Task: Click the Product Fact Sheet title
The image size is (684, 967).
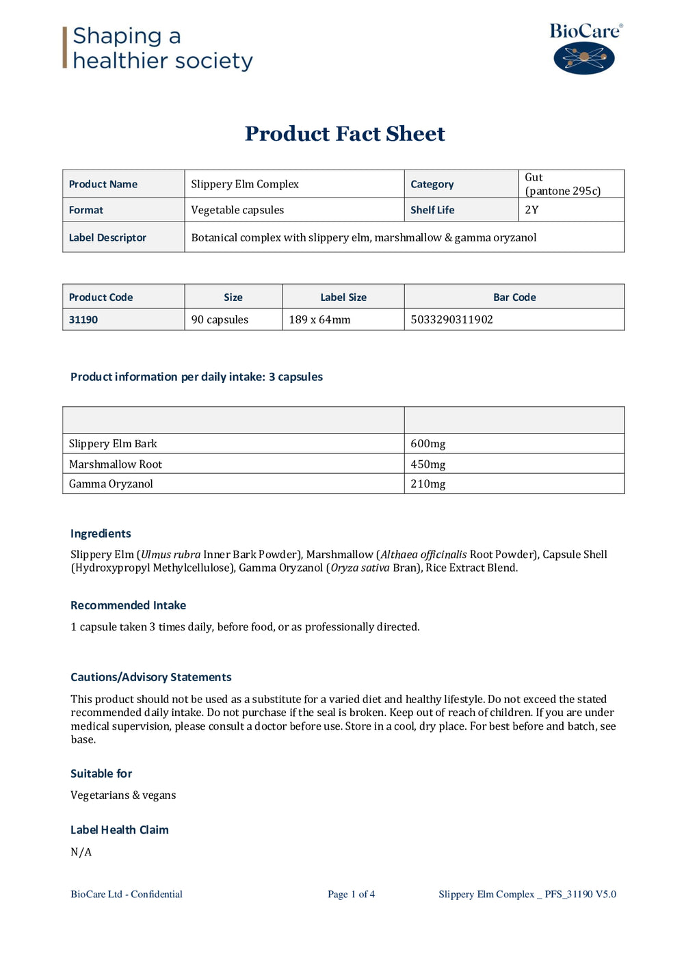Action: click(x=345, y=133)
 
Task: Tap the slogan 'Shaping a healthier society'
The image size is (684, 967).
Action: click(x=162, y=48)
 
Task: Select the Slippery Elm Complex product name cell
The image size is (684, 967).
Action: click(x=245, y=184)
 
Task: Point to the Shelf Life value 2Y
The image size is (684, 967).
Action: click(x=531, y=210)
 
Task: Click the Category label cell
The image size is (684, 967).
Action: click(x=432, y=184)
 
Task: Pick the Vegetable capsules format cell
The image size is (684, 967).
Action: click(x=237, y=210)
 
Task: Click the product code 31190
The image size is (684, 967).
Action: click(x=83, y=319)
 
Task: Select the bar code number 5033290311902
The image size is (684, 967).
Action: click(x=451, y=319)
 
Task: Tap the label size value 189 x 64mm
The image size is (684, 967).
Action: click(x=319, y=319)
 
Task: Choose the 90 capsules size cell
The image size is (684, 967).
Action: click(x=220, y=319)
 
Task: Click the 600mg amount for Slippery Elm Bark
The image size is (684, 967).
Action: click(x=428, y=444)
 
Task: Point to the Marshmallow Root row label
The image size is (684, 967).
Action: click(x=116, y=464)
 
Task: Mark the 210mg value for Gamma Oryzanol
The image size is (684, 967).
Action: click(x=428, y=484)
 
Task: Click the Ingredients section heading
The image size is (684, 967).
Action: click(x=101, y=533)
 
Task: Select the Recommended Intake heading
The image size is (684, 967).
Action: click(x=128, y=605)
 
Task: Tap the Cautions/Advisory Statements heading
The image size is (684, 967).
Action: click(x=150, y=677)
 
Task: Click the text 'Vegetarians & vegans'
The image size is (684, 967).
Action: click(x=123, y=795)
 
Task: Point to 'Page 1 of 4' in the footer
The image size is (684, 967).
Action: click(x=351, y=895)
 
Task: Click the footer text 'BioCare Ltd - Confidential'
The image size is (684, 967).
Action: click(x=127, y=895)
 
